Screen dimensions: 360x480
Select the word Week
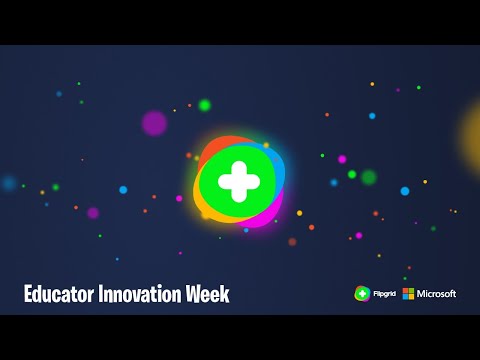[x=209, y=294]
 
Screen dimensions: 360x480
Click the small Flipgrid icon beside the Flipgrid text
[x=362, y=293]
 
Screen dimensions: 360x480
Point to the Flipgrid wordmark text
[x=384, y=293]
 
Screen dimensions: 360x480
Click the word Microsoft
[x=437, y=293]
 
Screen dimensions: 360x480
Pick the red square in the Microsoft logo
[x=406, y=290]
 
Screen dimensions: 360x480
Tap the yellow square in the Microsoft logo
[x=412, y=297]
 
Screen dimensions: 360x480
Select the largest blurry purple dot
[x=154, y=123]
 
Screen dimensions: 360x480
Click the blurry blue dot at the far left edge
[x=9, y=183]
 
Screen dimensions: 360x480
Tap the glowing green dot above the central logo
[x=205, y=105]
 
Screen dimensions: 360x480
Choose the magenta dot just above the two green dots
[x=342, y=159]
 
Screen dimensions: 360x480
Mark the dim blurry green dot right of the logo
[x=369, y=177]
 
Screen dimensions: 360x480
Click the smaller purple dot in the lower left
[x=93, y=213]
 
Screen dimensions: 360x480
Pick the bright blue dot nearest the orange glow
[x=405, y=190]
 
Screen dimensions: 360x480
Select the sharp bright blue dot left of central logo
[x=123, y=189]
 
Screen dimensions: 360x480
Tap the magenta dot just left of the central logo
[x=180, y=198]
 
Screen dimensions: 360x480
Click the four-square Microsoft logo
[x=409, y=293]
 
